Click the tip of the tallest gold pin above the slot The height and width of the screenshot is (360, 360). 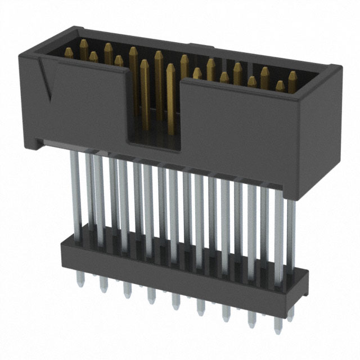point(159,54)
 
